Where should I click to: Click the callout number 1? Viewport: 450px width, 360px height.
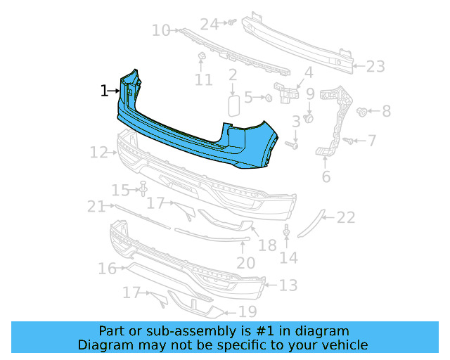(x=104, y=91)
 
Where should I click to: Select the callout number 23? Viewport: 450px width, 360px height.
(x=375, y=67)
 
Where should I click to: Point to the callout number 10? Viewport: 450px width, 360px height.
(x=161, y=30)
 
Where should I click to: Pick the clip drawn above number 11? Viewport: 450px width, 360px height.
(x=200, y=56)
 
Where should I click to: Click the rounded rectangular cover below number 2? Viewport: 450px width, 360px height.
(x=233, y=106)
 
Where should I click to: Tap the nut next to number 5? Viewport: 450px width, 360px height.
(x=269, y=98)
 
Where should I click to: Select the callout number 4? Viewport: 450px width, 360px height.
(x=308, y=72)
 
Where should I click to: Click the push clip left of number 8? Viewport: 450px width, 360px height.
(x=364, y=111)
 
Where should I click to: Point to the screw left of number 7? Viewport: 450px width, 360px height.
(x=347, y=141)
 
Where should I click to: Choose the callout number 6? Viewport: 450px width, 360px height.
(x=326, y=176)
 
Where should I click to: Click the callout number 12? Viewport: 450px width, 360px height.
(x=98, y=152)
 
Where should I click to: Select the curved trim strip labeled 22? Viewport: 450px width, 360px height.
(x=310, y=224)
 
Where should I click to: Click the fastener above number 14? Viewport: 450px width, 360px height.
(x=287, y=231)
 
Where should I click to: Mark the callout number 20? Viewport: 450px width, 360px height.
(x=245, y=263)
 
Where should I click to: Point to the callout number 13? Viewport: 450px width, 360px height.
(x=288, y=285)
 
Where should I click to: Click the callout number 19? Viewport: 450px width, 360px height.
(x=247, y=311)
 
